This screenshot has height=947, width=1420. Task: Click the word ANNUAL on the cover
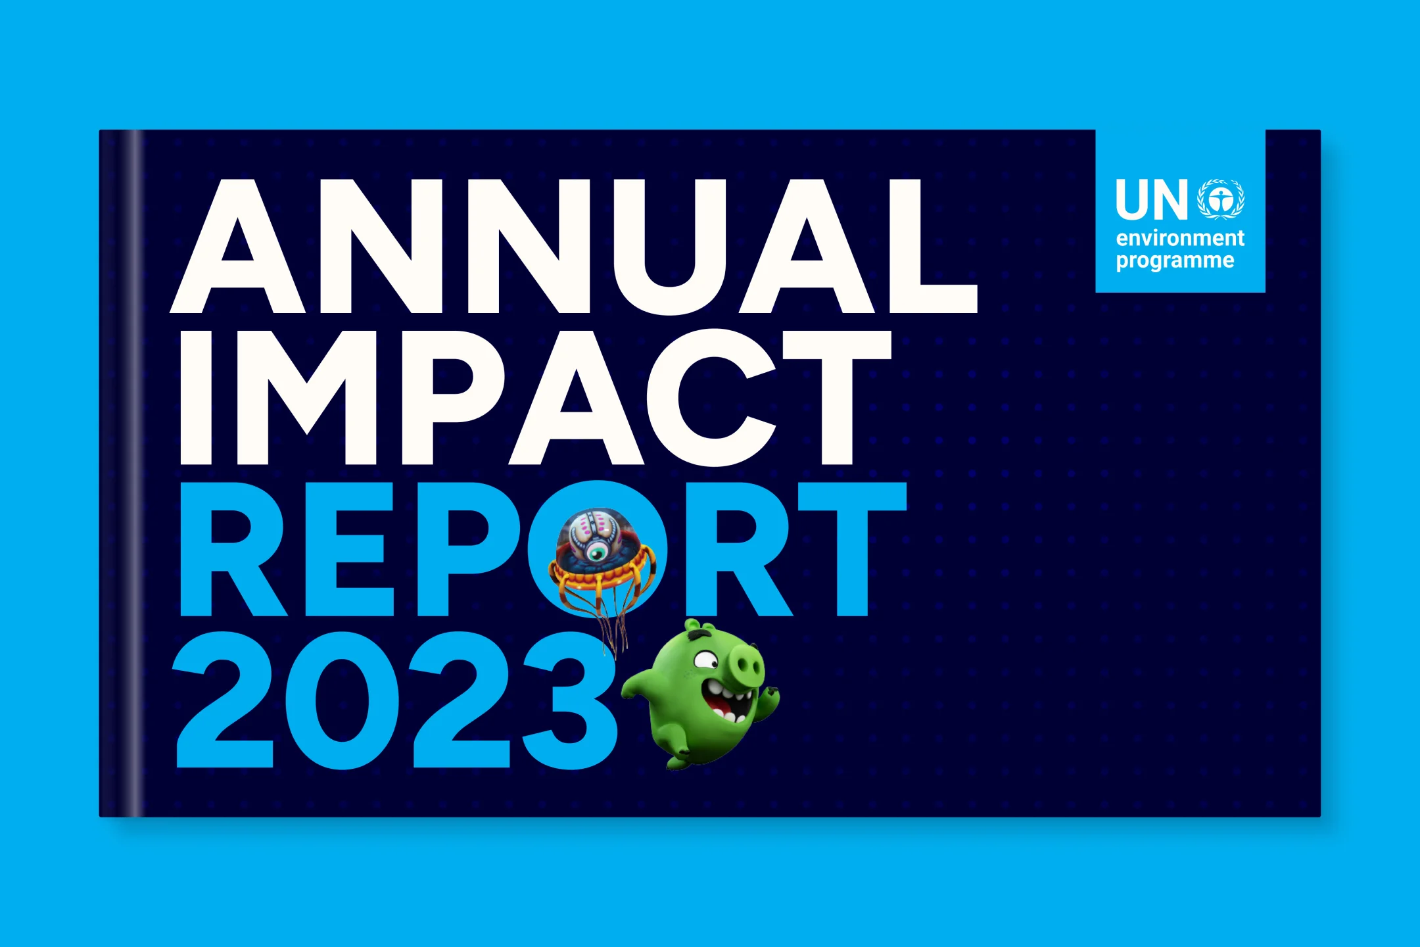[x=574, y=247]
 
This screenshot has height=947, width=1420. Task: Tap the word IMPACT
[x=536, y=397]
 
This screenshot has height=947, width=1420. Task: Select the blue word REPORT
[x=543, y=549]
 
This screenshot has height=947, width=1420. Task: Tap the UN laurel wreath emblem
[x=1221, y=199]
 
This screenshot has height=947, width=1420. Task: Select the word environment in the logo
[x=1180, y=238]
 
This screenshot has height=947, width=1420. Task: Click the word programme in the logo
[x=1175, y=261]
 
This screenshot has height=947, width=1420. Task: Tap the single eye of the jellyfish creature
[x=598, y=552]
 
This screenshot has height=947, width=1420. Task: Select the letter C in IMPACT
[x=711, y=397]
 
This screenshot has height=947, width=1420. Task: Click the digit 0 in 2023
[x=342, y=700]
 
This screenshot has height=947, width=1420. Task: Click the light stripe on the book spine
[x=135, y=473]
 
